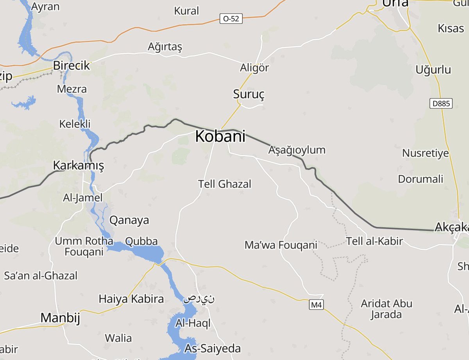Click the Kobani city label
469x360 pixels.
(x=220, y=137)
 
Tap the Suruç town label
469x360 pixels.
(x=249, y=94)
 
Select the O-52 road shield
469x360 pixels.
(x=231, y=18)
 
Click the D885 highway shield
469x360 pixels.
(x=441, y=103)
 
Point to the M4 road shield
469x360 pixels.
(x=317, y=305)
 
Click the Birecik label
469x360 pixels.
(x=72, y=66)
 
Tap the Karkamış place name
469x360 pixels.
(x=79, y=166)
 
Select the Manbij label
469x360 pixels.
(x=60, y=318)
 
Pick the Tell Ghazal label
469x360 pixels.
(x=225, y=184)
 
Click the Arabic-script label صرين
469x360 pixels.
(x=199, y=299)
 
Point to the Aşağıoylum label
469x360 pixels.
(x=297, y=150)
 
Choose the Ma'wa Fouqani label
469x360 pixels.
(x=281, y=245)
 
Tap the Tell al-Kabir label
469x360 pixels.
(x=374, y=241)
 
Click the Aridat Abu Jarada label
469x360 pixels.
(x=387, y=308)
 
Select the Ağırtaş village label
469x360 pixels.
(x=165, y=47)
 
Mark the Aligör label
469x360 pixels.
(x=254, y=68)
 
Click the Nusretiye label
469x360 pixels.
(x=426, y=153)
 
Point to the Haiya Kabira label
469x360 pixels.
(x=131, y=299)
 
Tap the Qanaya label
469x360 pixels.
(x=129, y=220)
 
